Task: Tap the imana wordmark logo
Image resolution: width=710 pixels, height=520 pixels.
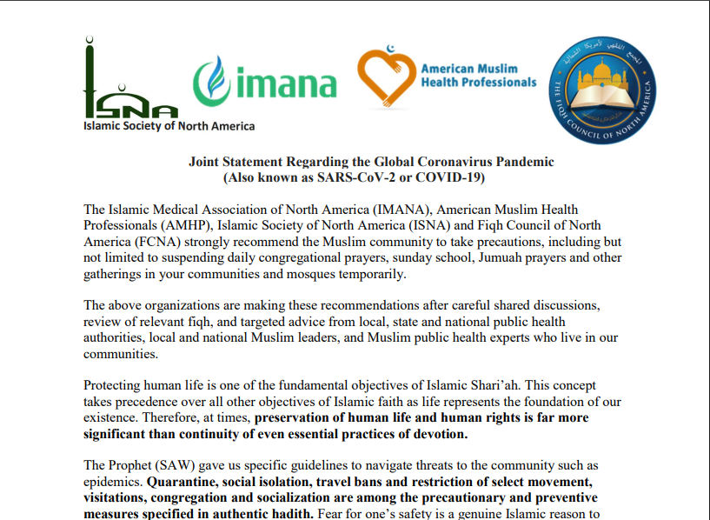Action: click(264, 83)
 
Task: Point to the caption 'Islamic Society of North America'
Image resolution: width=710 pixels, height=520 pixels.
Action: click(169, 126)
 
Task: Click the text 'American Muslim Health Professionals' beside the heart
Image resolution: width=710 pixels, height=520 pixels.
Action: click(478, 76)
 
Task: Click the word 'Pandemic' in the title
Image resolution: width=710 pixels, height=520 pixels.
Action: click(525, 162)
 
